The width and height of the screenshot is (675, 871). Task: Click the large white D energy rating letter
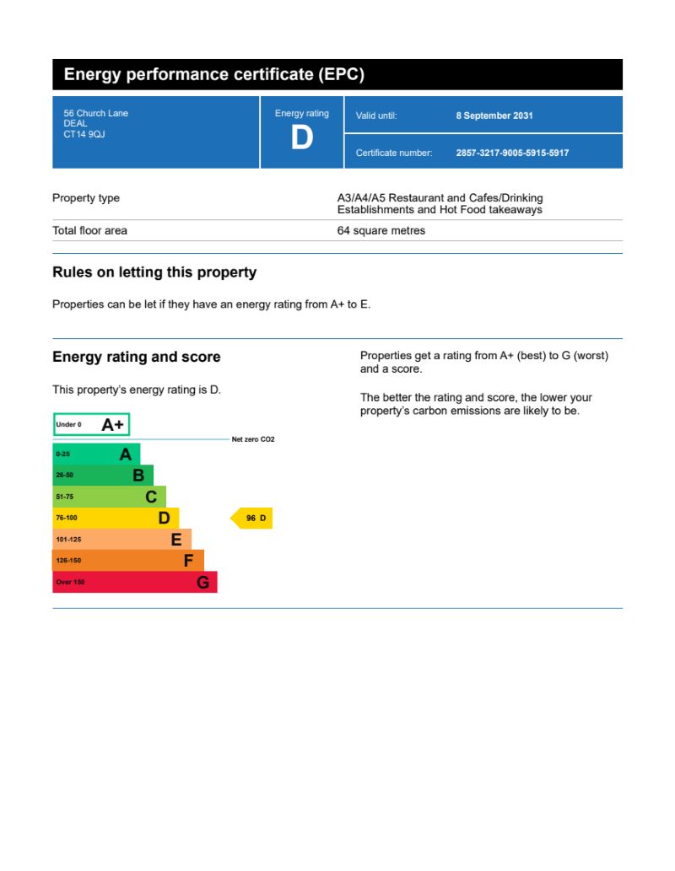pyautogui.click(x=301, y=137)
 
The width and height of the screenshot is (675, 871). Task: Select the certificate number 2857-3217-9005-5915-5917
pyautogui.click(x=512, y=153)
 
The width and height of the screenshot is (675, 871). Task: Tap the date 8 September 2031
pyautogui.click(x=494, y=116)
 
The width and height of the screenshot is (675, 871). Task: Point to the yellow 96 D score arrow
pyautogui.click(x=252, y=519)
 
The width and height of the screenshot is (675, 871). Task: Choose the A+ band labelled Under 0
pyautogui.click(x=91, y=425)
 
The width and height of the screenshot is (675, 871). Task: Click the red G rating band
pyautogui.click(x=134, y=582)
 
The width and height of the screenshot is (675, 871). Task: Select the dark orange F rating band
pyautogui.click(x=127, y=561)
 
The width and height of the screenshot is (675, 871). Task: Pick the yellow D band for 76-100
pyautogui.click(x=115, y=518)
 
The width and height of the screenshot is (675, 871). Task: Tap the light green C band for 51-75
pyautogui.click(x=109, y=497)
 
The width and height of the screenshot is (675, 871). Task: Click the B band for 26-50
pyautogui.click(x=102, y=476)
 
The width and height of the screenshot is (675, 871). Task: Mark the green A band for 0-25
pyautogui.click(x=95, y=454)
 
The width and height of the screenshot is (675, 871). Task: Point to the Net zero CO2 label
pyautogui.click(x=253, y=440)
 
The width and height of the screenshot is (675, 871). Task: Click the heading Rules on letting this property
pyautogui.click(x=154, y=272)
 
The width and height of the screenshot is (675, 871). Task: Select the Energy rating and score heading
pyautogui.click(x=137, y=357)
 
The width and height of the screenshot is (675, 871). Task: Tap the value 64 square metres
pyautogui.click(x=381, y=230)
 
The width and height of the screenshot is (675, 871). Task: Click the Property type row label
pyautogui.click(x=86, y=198)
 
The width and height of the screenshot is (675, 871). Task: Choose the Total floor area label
pyautogui.click(x=89, y=230)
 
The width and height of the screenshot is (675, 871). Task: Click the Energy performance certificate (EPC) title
pyautogui.click(x=214, y=75)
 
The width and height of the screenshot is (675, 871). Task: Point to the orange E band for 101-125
pyautogui.click(x=121, y=540)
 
